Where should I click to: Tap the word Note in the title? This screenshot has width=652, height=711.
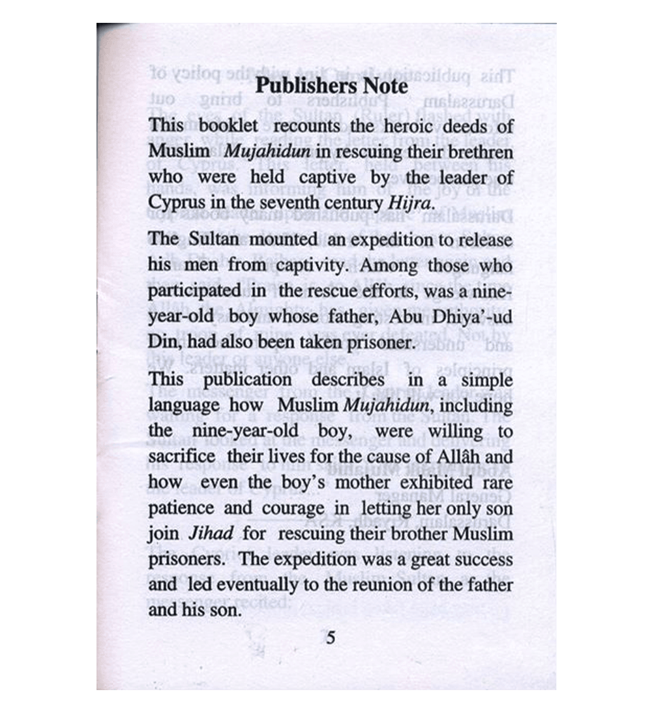pyautogui.click(x=382, y=86)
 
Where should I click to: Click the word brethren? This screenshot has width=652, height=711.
pyautogui.click(x=479, y=151)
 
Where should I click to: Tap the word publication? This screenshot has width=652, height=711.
pyautogui.click(x=246, y=380)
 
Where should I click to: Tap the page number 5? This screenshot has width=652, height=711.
pyautogui.click(x=331, y=637)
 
